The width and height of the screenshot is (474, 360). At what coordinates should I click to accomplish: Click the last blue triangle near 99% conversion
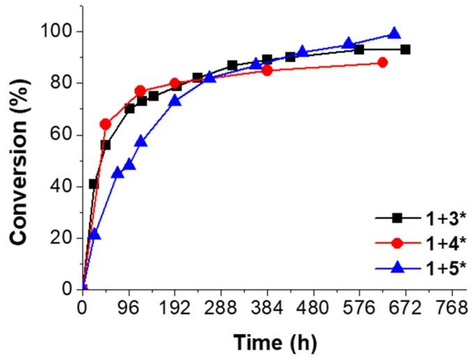395,33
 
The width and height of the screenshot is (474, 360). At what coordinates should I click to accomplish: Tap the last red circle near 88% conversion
382,62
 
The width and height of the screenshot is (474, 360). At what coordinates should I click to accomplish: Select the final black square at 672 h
405,50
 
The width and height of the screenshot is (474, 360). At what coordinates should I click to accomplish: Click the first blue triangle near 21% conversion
95,234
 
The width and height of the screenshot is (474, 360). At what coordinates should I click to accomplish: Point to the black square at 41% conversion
94,183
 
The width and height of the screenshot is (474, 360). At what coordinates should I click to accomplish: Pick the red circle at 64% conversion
105,124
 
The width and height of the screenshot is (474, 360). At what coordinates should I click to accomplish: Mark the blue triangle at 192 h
175,100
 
